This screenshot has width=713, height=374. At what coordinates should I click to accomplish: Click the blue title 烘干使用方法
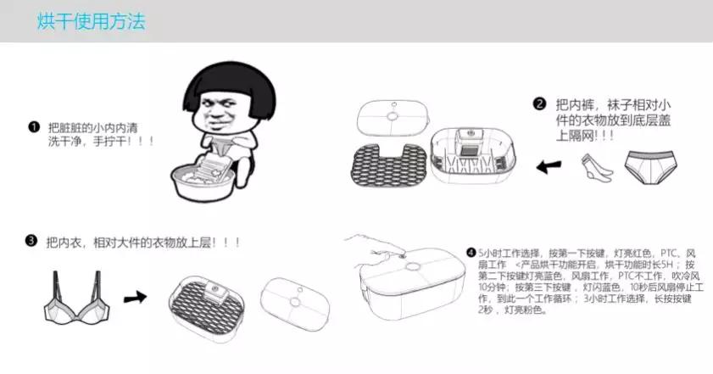tap(91, 21)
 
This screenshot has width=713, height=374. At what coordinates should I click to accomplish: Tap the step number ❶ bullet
tap(34, 127)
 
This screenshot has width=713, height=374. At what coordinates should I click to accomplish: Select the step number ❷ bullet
tap(539, 104)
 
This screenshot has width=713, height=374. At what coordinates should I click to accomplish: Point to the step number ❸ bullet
tap(31, 240)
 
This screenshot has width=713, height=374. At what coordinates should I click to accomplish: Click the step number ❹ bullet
tap(471, 253)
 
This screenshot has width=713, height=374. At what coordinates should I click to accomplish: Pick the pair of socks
tap(597, 167)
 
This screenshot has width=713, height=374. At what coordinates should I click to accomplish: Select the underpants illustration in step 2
tap(650, 167)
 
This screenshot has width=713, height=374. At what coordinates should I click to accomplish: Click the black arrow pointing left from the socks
tap(549, 167)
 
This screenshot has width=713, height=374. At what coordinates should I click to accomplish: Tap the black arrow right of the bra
tap(136, 298)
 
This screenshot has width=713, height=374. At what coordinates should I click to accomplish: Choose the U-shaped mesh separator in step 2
tap(390, 165)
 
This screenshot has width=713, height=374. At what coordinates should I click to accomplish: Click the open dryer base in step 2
tap(473, 155)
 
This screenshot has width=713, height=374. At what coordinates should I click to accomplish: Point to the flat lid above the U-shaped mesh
tap(393, 117)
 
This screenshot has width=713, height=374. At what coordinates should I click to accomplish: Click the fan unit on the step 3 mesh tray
tap(216, 290)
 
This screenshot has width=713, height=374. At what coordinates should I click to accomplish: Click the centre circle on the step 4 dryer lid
tap(413, 266)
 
